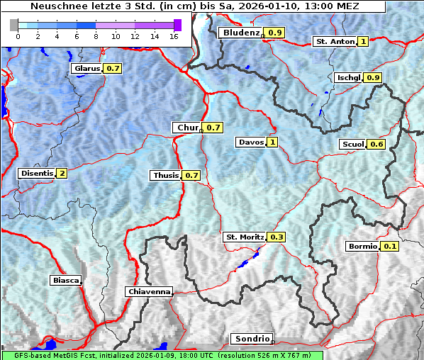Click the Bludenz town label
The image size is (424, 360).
[x=240, y=33]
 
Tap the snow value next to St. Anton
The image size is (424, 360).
[x=364, y=42]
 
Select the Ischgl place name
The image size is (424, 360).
[x=348, y=77]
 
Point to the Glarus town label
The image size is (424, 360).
[x=86, y=69]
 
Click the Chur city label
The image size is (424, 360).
[x=187, y=128]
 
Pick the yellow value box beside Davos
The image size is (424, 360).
[x=272, y=142]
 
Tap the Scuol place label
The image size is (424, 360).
[x=352, y=145]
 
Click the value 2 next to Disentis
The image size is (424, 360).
[x=62, y=174]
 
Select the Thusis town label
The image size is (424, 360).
[x=165, y=175]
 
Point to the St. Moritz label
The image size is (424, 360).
[x=244, y=237]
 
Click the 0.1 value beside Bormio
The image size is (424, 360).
[x=390, y=247]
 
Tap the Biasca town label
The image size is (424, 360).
[x=65, y=280]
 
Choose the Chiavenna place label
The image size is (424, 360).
[x=148, y=291]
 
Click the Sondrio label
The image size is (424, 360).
[x=251, y=339]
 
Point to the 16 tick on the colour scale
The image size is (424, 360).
[x=173, y=35]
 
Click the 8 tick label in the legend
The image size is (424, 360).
[x=95, y=35]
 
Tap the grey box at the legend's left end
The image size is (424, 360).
[x=13, y=25]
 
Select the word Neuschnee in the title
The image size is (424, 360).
[x=55, y=6]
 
